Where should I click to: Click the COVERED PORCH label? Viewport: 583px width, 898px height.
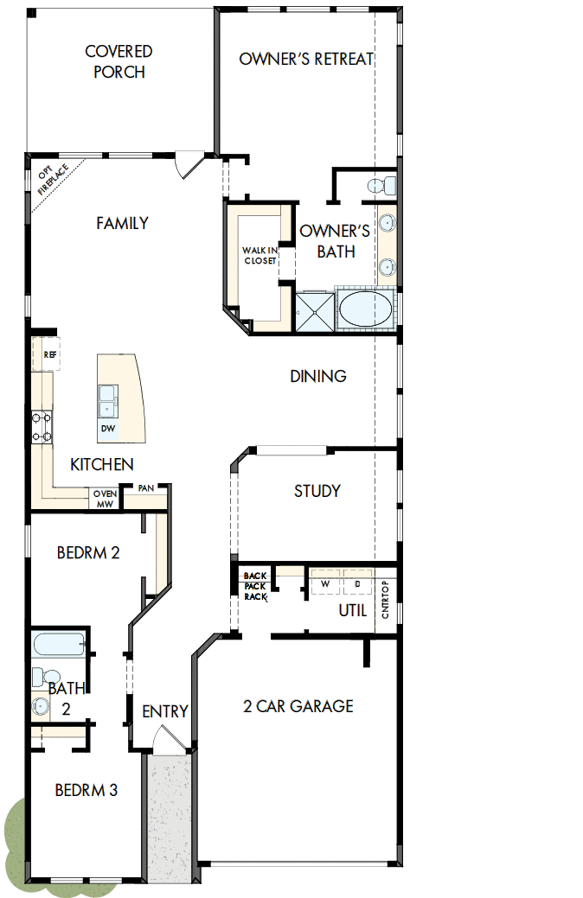pos(119,61)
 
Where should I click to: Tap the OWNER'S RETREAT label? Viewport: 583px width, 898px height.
pos(306,59)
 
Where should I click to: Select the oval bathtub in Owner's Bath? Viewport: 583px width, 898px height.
pos(363,309)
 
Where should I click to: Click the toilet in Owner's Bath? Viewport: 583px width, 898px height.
pos(381,185)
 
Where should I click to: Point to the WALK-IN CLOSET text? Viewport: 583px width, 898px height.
pos(259,255)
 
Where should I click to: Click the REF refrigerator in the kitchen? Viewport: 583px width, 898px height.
pos(49,354)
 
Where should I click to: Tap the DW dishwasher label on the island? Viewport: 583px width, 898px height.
pos(108,429)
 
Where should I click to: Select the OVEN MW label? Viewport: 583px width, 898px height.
pos(105,499)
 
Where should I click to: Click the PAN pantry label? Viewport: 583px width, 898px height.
pos(145,488)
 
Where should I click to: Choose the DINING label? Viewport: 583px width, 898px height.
pos(318,376)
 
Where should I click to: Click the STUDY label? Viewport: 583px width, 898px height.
pos(317,491)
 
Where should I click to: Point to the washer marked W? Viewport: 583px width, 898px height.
pos(326,583)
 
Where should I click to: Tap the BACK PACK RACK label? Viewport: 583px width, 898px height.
pos(255,585)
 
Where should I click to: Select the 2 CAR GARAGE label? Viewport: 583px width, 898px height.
pos(298,706)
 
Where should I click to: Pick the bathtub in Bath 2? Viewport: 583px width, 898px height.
pos(59,645)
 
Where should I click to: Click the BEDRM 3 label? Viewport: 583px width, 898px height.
pos(86,790)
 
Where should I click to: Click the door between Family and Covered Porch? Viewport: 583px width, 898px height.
pos(189,164)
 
